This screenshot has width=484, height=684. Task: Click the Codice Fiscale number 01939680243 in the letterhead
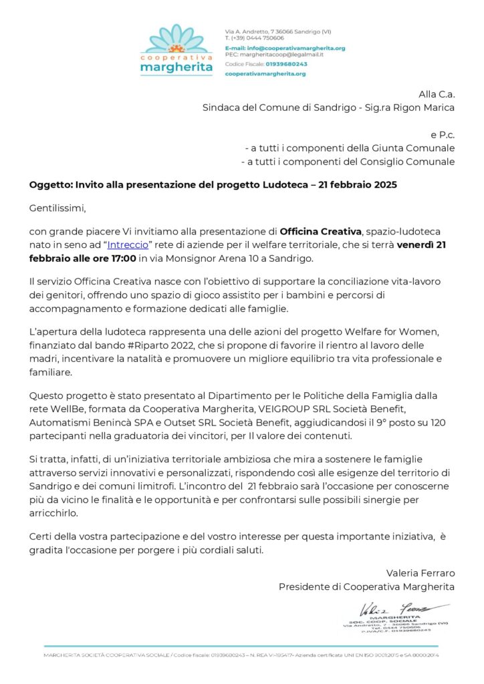(285, 64)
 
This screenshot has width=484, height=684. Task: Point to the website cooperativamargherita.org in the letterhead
(265, 73)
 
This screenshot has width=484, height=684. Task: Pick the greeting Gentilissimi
(58, 208)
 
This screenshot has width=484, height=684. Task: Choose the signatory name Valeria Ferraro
(420, 573)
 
